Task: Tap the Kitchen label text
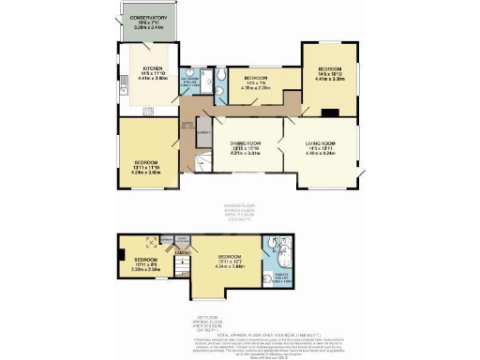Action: (153, 71)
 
